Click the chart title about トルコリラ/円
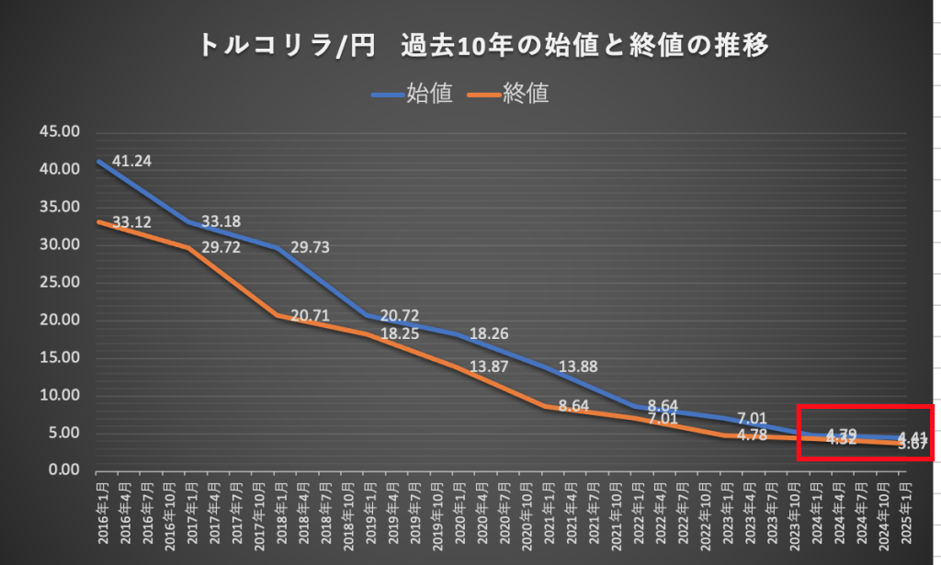tap(483, 45)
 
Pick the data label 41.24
tap(131, 162)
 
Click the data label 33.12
tap(131, 222)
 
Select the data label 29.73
tap(310, 248)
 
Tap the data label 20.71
tap(310, 316)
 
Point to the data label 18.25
tap(399, 333)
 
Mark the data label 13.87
tap(489, 367)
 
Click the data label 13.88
tap(578, 367)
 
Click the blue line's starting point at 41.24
tap(98, 162)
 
